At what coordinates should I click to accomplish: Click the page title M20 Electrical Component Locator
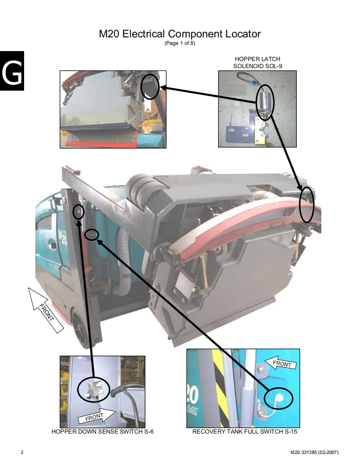pyautogui.click(x=180, y=34)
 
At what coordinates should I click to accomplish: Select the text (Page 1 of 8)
pyautogui.click(x=180, y=43)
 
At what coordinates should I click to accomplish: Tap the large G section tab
pyautogui.click(x=12, y=71)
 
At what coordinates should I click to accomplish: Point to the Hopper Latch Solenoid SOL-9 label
pyautogui.click(x=257, y=62)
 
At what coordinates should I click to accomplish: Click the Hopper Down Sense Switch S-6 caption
pyautogui.click(x=103, y=432)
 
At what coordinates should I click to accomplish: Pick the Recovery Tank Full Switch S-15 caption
pyautogui.click(x=244, y=432)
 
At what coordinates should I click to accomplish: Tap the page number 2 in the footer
pyautogui.click(x=22, y=452)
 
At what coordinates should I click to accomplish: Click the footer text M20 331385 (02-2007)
pyautogui.click(x=314, y=452)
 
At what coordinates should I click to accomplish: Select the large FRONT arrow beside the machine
pyautogui.click(x=46, y=310)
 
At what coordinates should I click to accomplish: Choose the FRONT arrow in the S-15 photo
pyautogui.click(x=281, y=363)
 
